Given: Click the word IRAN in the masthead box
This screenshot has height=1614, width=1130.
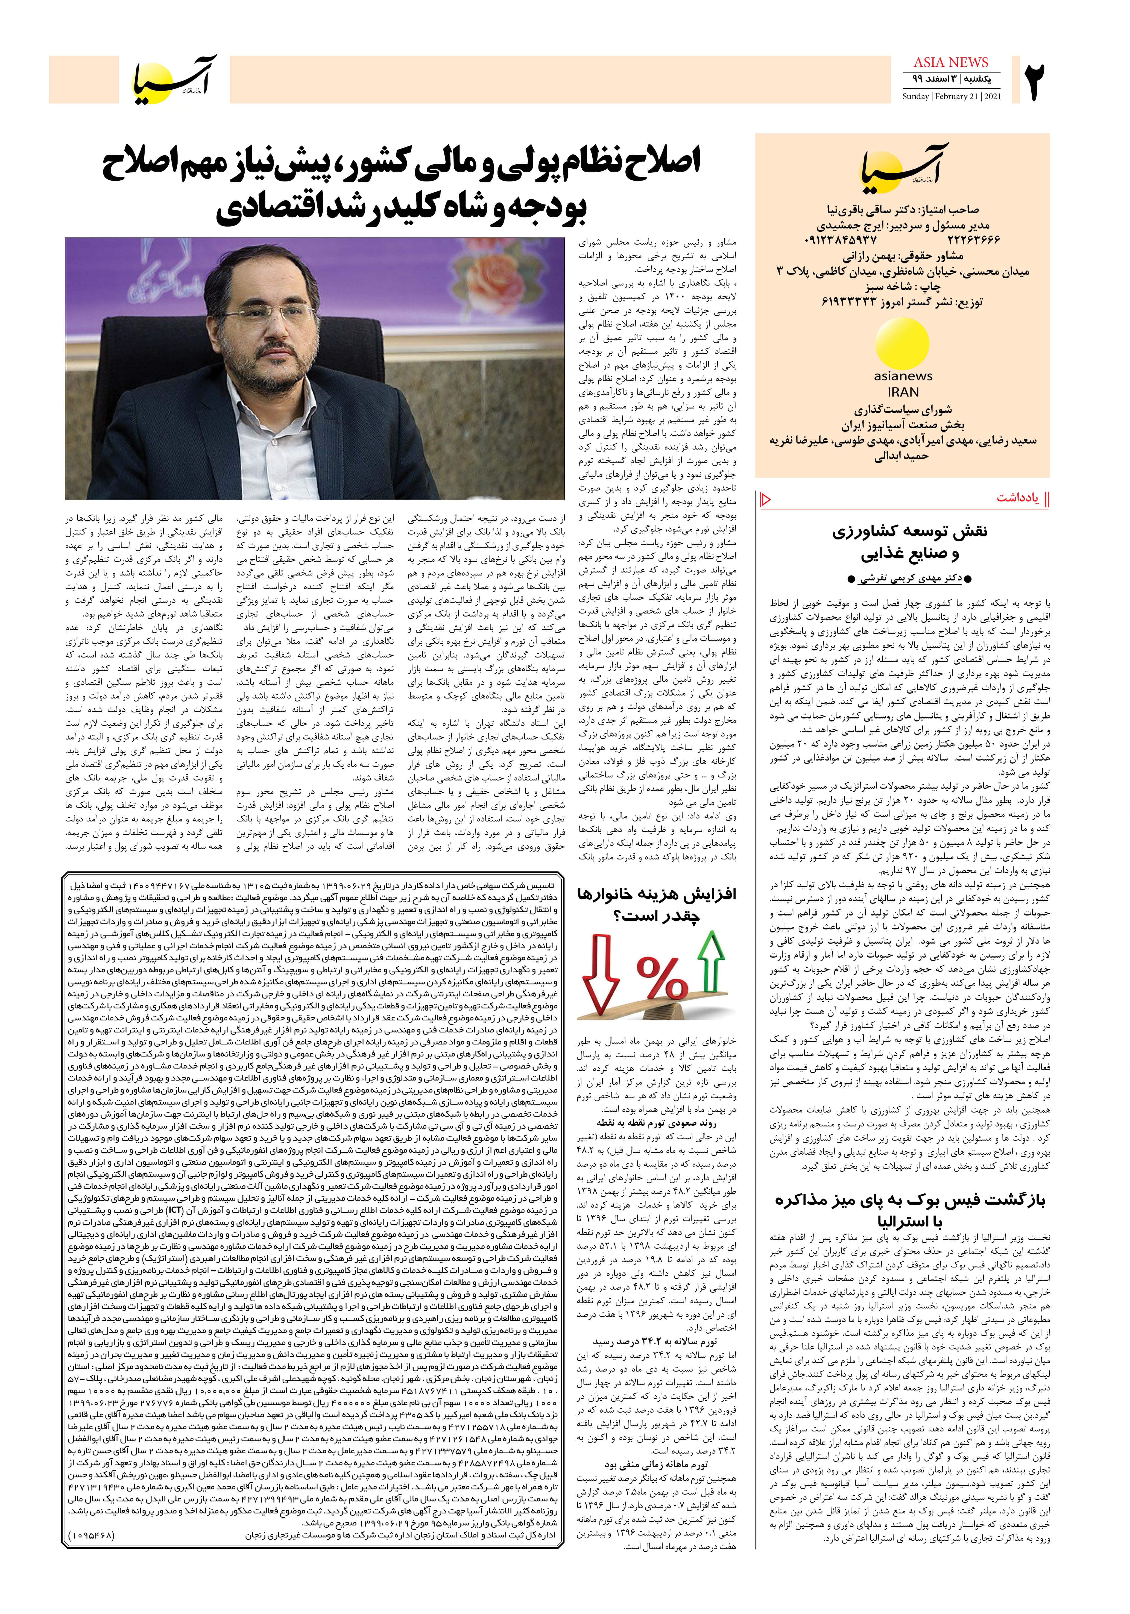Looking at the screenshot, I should pyautogui.click(x=903, y=392).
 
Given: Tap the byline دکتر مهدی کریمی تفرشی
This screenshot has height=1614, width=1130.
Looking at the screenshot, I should pyautogui.click(x=902, y=579).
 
